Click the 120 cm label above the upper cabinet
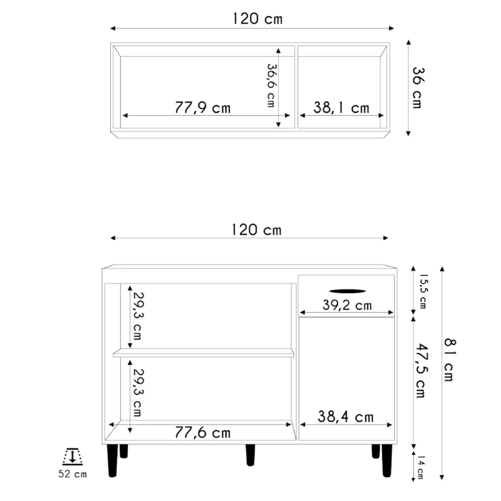pos(258,19)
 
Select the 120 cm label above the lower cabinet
pos(257,230)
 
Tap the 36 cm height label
pos(417,88)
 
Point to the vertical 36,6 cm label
pos(272,85)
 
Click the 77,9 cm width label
pos(203,107)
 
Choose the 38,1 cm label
pos(341,107)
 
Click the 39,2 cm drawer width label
pos(347,305)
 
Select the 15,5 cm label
pos(424,291)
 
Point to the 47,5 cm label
pos(420,369)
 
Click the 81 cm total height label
pos(449,359)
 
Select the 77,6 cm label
pos(202,432)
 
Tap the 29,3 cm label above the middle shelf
pos(136,316)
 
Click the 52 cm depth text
pos(73,474)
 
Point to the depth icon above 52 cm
pos(73,456)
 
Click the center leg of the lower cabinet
pos(250,454)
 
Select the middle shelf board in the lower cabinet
pos(203,353)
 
